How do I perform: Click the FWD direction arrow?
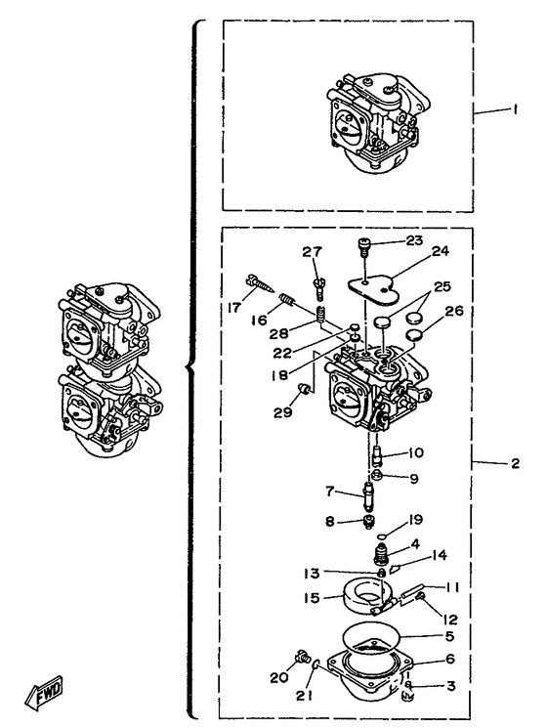(44, 692)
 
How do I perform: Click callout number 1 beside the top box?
(515, 109)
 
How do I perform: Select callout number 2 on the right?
(515, 463)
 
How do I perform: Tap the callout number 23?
(414, 240)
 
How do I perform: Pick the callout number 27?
(312, 252)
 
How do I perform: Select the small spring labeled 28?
(320, 315)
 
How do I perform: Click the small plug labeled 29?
(305, 388)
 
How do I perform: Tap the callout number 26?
(453, 310)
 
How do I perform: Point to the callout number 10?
(416, 452)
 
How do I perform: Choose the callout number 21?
(305, 695)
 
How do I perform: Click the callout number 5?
(449, 635)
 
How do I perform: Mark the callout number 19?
(415, 519)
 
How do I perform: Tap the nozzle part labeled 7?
(369, 495)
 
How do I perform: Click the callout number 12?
(449, 619)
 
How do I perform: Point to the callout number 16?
(259, 320)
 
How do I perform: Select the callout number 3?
(451, 685)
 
